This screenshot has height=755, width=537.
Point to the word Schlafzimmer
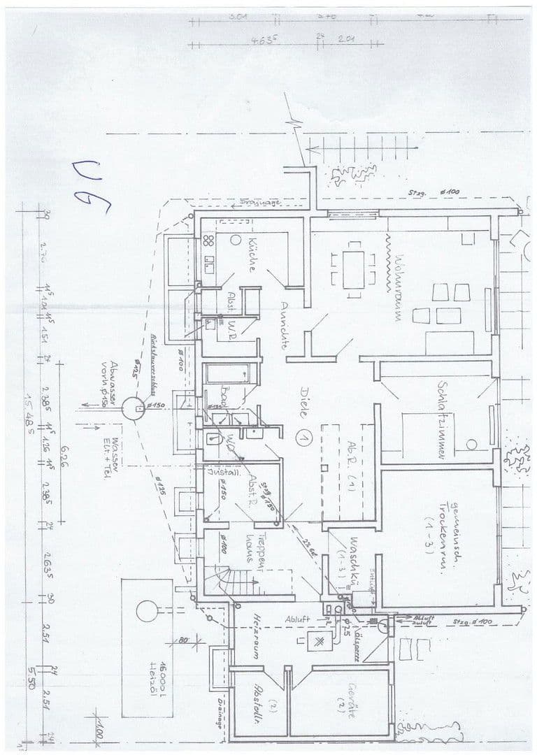click(441, 419)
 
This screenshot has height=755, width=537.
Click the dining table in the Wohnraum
click(353, 265)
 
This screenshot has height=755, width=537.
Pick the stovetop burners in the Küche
click(208, 240)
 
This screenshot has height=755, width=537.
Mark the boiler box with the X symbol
click(319, 641)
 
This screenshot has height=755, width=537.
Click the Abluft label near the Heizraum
click(296, 619)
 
